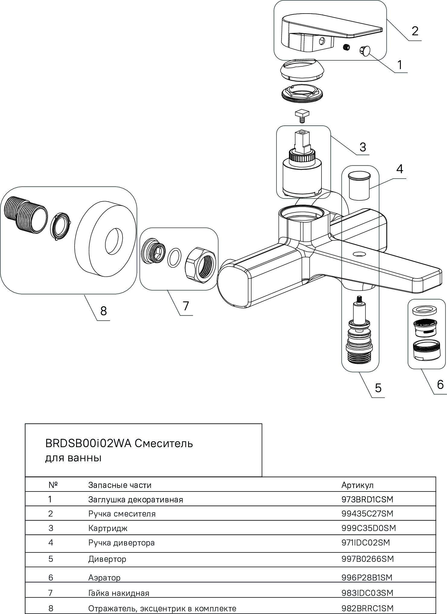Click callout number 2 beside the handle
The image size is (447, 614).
click(415, 31)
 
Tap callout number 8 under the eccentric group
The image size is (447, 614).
click(104, 310)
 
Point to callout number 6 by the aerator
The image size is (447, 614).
click(440, 384)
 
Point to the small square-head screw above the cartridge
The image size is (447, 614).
click(302, 115)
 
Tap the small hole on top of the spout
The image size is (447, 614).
click(359, 254)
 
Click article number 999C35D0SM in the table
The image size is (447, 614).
click(368, 528)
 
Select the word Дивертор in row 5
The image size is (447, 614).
click(107, 559)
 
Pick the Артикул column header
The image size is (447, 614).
click(357, 485)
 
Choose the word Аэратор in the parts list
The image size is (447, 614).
click(104, 577)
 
